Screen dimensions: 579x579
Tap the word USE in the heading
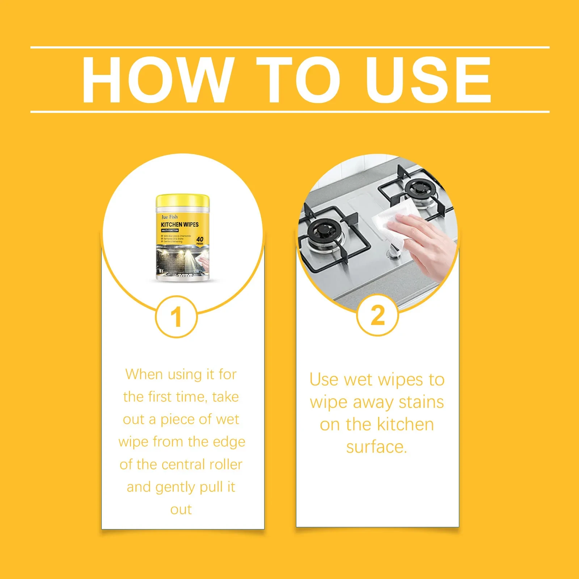(428, 80)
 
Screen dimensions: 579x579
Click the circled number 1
(176, 317)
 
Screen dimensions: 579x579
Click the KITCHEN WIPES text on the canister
(180, 224)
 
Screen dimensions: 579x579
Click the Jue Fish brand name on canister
(169, 217)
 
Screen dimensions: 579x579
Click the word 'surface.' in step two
(377, 447)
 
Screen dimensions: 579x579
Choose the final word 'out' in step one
(181, 510)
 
